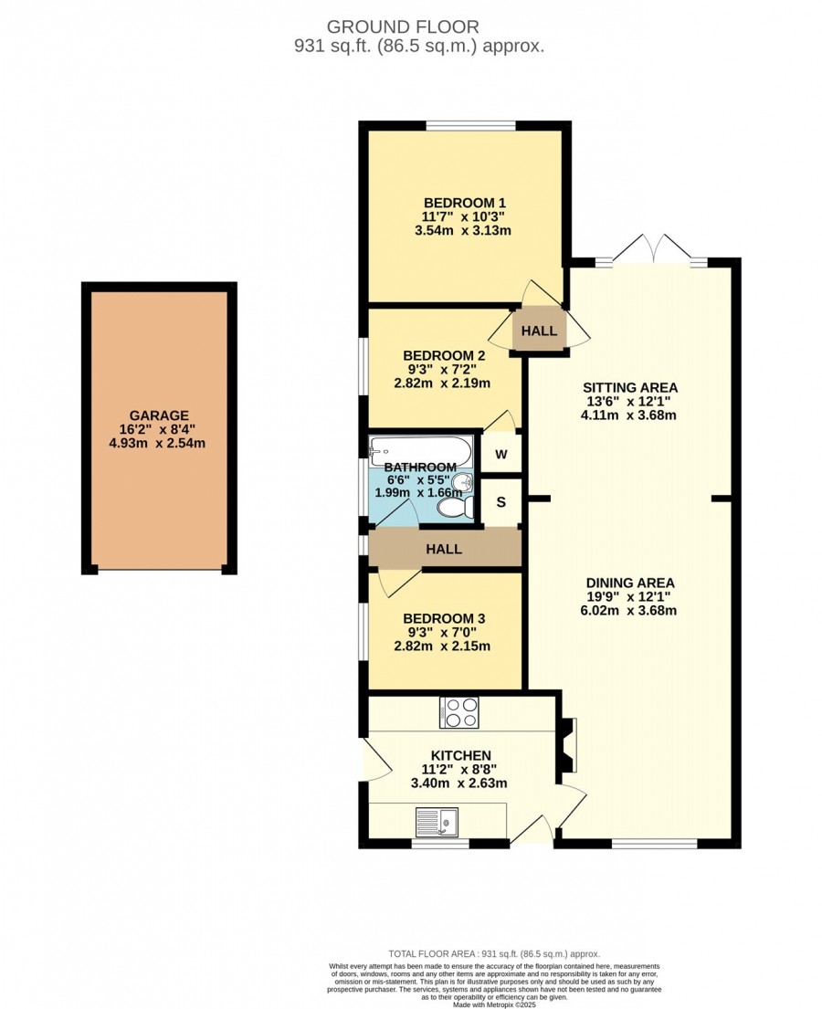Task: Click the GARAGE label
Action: (159, 415)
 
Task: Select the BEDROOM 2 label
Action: (444, 355)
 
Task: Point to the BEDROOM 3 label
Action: (444, 618)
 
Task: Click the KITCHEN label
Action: (461, 755)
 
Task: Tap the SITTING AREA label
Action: (630, 387)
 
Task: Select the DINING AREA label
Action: (630, 583)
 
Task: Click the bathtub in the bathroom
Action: (421, 450)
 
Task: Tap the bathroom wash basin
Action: (462, 482)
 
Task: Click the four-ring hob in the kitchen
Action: (459, 712)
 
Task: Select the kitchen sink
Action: (437, 821)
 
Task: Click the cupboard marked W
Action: (501, 454)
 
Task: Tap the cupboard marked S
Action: (501, 502)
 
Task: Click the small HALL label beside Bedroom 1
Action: (539, 331)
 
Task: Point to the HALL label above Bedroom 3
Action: (444, 549)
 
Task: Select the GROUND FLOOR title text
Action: (403, 27)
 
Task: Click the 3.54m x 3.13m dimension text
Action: (463, 230)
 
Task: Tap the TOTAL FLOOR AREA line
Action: (494, 953)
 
